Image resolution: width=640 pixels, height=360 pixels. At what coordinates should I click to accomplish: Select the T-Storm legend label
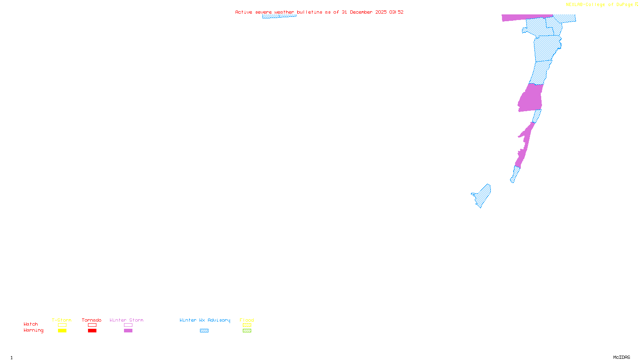click(62, 320)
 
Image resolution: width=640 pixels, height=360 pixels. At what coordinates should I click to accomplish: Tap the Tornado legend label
click(92, 320)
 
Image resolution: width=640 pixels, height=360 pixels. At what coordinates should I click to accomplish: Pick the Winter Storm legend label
click(126, 320)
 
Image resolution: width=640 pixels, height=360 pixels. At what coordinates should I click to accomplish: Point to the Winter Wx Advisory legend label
click(205, 320)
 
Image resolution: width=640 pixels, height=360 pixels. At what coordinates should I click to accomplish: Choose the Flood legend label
click(247, 320)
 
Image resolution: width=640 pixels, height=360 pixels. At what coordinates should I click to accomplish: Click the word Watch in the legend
click(31, 324)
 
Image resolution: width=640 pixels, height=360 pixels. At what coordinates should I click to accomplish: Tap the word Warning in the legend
click(33, 330)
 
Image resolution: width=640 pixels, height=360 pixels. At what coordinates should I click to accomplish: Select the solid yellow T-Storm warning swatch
click(62, 331)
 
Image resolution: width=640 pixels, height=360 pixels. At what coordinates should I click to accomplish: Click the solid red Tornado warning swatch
click(92, 331)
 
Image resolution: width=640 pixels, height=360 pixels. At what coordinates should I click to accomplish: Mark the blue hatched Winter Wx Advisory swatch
click(204, 331)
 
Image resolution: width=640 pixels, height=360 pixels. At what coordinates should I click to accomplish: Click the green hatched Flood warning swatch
click(247, 331)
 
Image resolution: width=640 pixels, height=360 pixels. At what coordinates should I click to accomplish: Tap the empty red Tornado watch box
click(92, 325)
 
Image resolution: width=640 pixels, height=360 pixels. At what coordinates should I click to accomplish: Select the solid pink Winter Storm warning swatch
click(128, 331)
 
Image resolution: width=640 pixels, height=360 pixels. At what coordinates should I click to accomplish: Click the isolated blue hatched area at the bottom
click(482, 196)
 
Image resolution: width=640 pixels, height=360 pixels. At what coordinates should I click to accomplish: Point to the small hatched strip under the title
click(279, 16)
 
